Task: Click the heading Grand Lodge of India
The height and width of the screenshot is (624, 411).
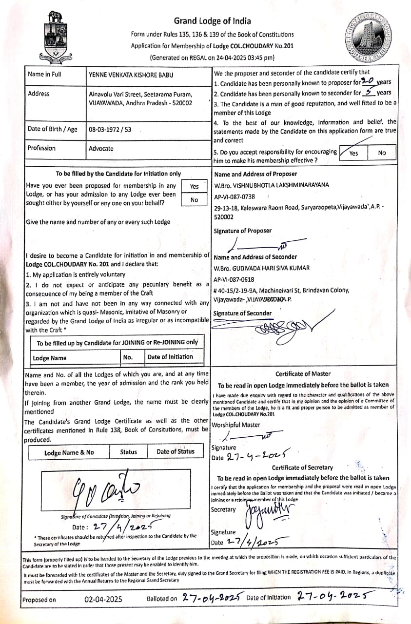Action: (x=213, y=21)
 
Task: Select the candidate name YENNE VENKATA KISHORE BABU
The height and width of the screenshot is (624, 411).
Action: (x=131, y=75)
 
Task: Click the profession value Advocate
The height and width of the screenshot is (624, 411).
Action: (x=101, y=149)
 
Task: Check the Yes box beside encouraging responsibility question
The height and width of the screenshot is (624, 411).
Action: (x=353, y=153)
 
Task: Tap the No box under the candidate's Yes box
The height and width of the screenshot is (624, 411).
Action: (x=195, y=200)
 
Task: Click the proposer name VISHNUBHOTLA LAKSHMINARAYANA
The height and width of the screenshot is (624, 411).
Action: (x=272, y=185)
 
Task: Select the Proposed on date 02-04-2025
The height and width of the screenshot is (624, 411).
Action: (x=103, y=599)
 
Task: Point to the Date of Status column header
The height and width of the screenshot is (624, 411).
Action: (x=175, y=451)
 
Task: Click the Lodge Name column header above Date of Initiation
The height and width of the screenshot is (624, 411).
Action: (x=49, y=358)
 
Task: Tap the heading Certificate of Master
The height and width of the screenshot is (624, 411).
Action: (x=303, y=374)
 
